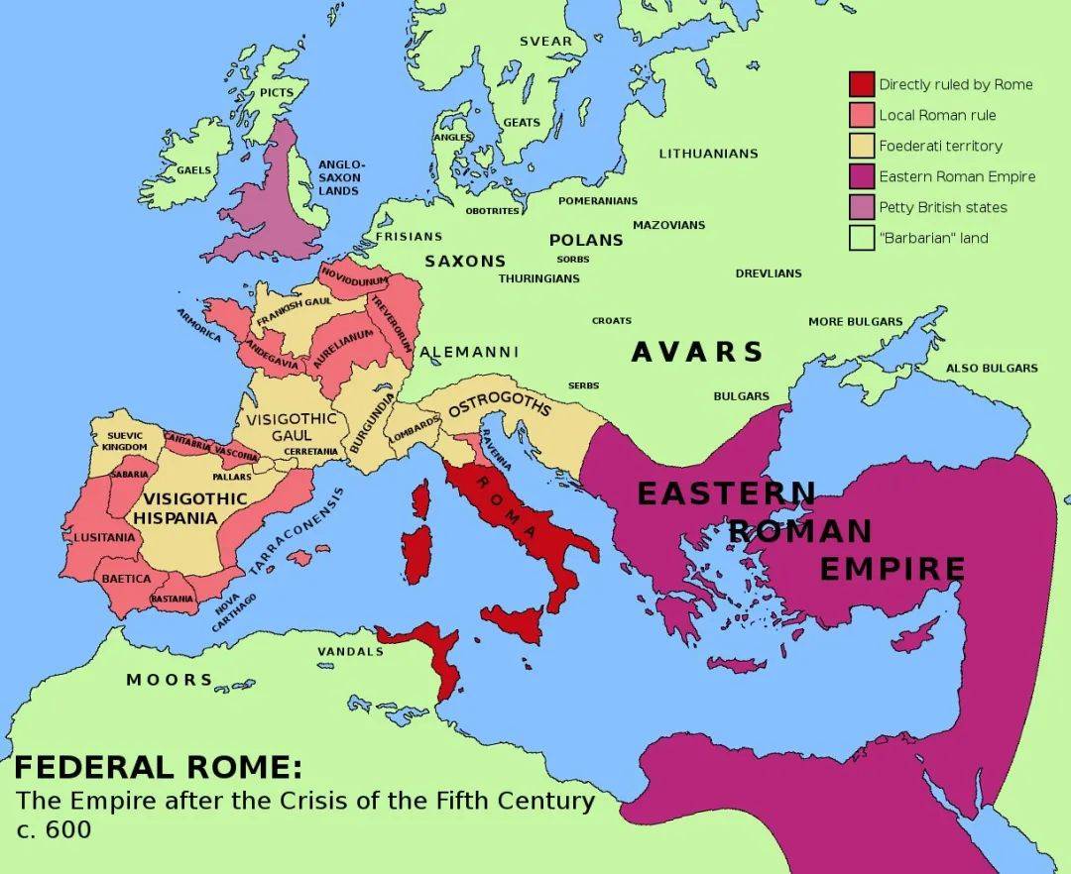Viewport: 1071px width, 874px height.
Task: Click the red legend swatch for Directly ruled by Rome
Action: coord(861,84)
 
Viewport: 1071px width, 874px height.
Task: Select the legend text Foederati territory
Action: coord(940,146)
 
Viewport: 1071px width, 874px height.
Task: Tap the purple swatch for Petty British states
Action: coord(861,207)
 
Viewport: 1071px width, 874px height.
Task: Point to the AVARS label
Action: coord(697,352)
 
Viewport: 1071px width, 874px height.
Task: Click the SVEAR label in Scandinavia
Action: coord(546,41)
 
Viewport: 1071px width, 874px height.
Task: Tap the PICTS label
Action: coord(277,92)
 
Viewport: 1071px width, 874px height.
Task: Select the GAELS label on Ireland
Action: coord(193,169)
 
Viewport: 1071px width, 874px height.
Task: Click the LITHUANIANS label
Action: coord(708,154)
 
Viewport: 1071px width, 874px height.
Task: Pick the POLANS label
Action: coord(586,240)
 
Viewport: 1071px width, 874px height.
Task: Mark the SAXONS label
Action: coord(465,262)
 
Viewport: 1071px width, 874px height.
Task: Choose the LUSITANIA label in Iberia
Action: coord(104,537)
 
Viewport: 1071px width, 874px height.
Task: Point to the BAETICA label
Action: coord(127,578)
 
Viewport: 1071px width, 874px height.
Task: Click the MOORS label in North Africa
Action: coord(169,680)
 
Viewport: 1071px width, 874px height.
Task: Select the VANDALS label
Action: coord(350,651)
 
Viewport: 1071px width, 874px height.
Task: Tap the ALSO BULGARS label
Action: coord(992,368)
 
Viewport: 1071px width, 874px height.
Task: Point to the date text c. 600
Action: coord(53,829)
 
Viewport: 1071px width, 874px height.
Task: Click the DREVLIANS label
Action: coord(769,273)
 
